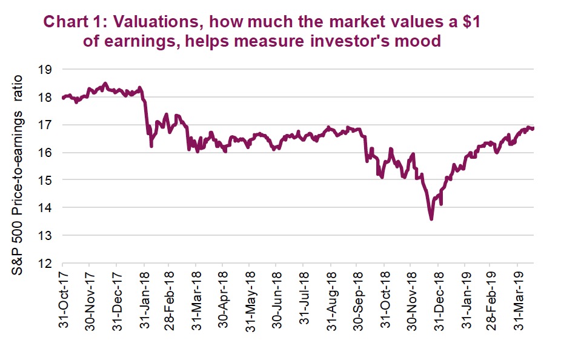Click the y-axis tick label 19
46,70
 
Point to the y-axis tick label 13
46,235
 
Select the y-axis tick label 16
46,153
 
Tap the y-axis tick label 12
46,264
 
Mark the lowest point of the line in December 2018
431,219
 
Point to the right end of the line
533,128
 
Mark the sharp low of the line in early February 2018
151,147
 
